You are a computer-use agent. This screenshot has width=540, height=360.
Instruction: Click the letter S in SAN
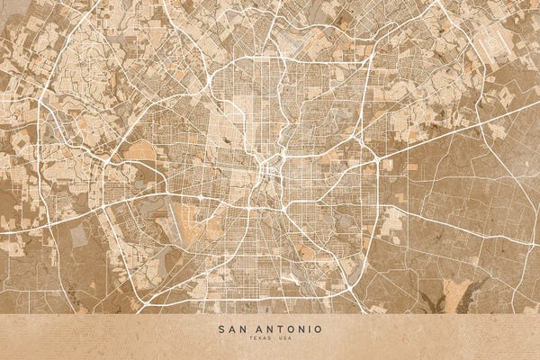pos(221,329)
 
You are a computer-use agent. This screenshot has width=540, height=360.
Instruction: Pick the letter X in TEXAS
pos(256,340)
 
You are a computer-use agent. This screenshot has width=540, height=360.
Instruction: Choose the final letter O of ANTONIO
pos(319,329)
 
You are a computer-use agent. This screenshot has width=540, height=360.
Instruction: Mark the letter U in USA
pos(281,340)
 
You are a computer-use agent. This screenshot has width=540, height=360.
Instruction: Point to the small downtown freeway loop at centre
pos(267,168)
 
